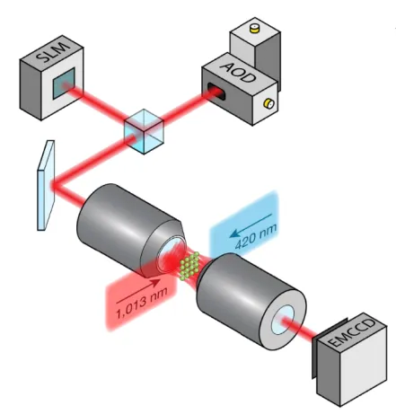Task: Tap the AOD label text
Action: [x=238, y=72]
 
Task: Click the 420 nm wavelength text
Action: [x=256, y=236]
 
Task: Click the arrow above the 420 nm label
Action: [x=251, y=225]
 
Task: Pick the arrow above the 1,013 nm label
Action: [x=138, y=291]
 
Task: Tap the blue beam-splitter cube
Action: [x=144, y=132]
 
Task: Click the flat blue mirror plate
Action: [x=46, y=185]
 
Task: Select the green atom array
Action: [x=189, y=266]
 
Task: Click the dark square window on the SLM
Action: [x=64, y=83]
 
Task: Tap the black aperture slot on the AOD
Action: [x=216, y=90]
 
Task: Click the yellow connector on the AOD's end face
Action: [x=268, y=103]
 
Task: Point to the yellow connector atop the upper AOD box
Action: [x=255, y=28]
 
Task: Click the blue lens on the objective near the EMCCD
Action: [x=283, y=320]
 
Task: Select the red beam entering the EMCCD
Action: [x=300, y=329]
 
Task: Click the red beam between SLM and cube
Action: [x=96, y=101]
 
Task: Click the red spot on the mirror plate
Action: [x=54, y=186]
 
